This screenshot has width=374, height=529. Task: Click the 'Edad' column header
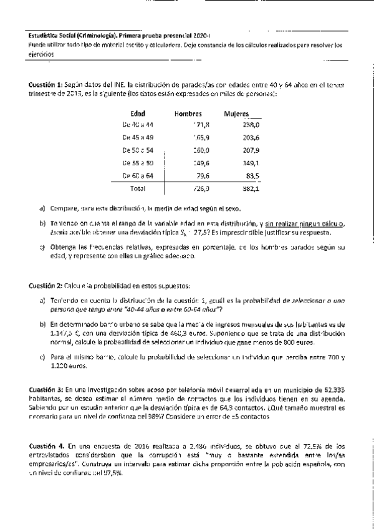pyautogui.click(x=138, y=114)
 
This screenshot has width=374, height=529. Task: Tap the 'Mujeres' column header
pyautogui.click(x=236, y=114)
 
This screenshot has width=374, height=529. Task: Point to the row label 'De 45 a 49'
pyautogui.click(x=138, y=137)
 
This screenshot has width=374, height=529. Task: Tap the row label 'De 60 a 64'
pyautogui.click(x=138, y=175)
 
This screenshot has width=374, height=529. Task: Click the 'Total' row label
pyautogui.click(x=137, y=188)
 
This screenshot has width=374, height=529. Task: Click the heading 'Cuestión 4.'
pyautogui.click(x=46, y=447)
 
